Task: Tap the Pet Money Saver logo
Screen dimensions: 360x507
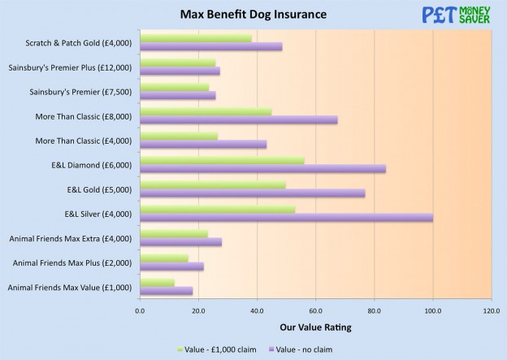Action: [x=456, y=15]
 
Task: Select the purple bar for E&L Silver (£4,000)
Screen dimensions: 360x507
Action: [x=286, y=218]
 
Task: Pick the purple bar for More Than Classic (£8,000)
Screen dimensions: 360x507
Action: [x=238, y=119]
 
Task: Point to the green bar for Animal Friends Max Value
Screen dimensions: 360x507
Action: [x=157, y=283]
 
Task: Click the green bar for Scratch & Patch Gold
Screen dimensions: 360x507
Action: [x=195, y=38]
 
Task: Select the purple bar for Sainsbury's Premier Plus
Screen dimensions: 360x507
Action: [x=180, y=71]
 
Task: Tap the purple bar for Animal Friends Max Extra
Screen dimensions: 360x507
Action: [x=180, y=242]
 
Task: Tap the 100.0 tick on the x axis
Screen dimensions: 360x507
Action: [x=432, y=310]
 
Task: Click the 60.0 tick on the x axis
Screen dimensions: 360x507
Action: [x=315, y=310]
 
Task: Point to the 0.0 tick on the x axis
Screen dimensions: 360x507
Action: [x=140, y=310]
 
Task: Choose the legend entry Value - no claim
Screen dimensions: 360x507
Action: [x=301, y=349]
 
